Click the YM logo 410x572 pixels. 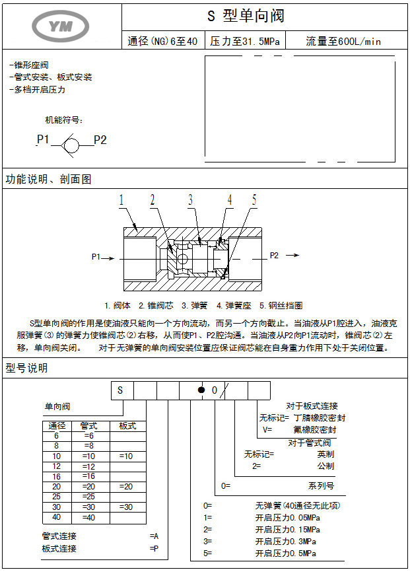(61, 24)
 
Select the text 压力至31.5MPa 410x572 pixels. (245, 42)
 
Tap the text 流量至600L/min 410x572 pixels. (343, 42)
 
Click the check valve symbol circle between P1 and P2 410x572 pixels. (73, 141)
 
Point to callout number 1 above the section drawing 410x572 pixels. (121, 199)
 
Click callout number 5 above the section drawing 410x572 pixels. (254, 199)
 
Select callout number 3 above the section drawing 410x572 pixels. (190, 199)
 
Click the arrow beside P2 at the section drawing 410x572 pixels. (290, 256)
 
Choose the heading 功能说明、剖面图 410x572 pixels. (48, 179)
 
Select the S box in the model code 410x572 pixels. (121, 390)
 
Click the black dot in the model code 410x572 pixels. (202, 390)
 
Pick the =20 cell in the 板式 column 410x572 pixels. (127, 486)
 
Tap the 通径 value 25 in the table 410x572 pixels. (57, 496)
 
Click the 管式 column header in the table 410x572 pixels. (88, 427)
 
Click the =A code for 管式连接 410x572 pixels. (154, 536)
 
